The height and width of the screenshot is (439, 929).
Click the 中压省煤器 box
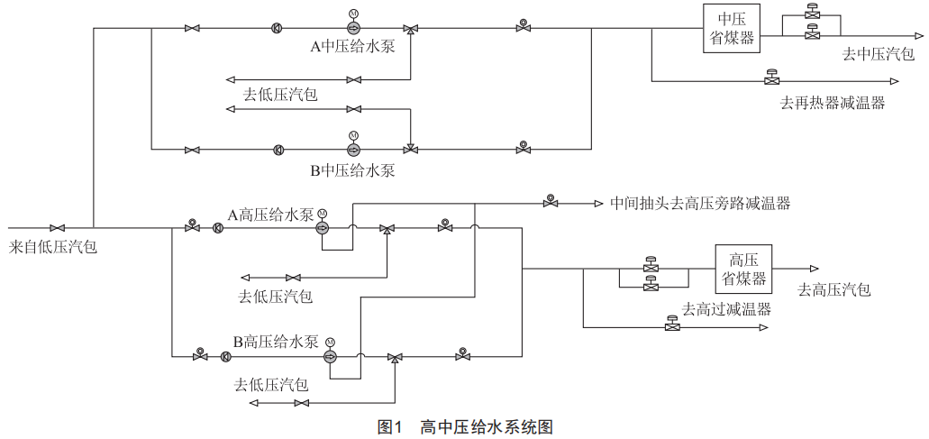coord(730,30)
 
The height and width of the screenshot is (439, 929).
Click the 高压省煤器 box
coord(744,268)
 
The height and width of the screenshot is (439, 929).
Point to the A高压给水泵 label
coord(270,215)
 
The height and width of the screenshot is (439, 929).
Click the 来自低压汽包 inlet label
coord(53,246)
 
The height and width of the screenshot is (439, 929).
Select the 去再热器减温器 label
coord(832,103)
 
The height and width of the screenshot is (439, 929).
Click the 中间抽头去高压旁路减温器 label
coord(700,204)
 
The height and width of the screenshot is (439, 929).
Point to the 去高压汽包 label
coord(834,289)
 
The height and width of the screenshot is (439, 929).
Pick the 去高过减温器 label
coord(726,309)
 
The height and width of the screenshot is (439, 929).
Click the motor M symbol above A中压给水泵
coord(352,14)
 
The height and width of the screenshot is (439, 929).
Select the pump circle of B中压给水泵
coord(352,149)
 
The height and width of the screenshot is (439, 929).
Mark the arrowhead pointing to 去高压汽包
coord(814,269)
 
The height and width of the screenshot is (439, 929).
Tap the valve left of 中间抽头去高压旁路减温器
coord(550,203)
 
